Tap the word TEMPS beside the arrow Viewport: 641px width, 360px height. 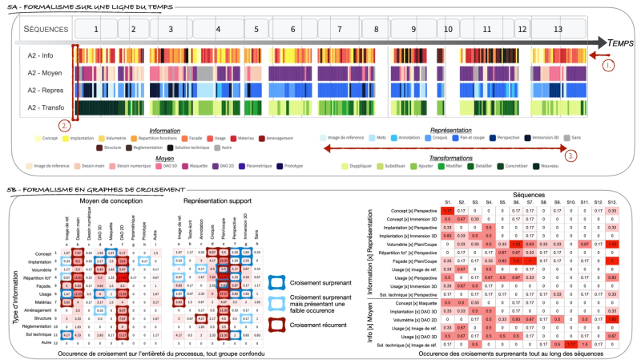coord(618,41)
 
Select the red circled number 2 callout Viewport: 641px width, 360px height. coord(63,125)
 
